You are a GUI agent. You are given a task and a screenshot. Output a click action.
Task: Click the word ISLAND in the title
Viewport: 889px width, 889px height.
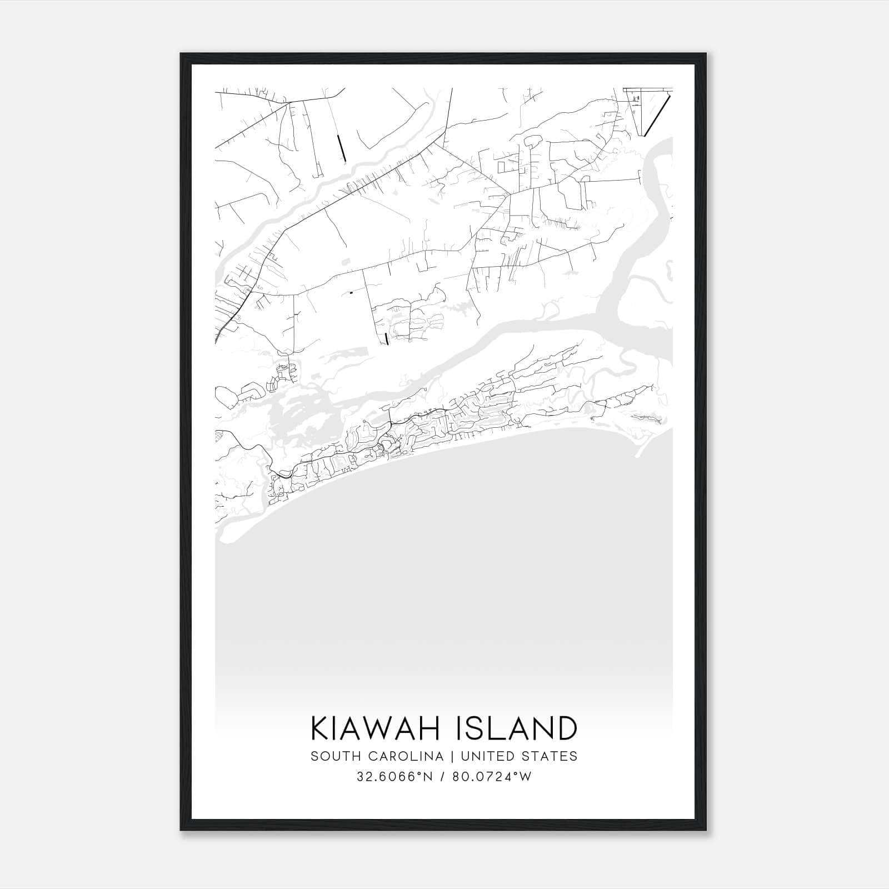(x=516, y=728)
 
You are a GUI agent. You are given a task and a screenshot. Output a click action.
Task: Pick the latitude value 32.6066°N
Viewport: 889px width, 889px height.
(x=394, y=777)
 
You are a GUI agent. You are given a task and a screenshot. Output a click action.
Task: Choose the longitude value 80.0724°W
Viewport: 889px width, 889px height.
(x=492, y=777)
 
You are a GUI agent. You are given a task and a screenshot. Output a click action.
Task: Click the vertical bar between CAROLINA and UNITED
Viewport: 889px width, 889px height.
(x=448, y=756)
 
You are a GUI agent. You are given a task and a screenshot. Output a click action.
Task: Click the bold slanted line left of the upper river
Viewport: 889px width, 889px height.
(x=342, y=148)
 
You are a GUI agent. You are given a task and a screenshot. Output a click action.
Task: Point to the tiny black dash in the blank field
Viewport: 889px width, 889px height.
(x=351, y=292)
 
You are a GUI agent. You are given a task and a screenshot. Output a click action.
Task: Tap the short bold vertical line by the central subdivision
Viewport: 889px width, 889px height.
(x=386, y=338)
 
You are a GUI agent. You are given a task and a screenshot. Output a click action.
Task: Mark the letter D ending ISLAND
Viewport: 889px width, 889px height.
(x=565, y=728)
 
